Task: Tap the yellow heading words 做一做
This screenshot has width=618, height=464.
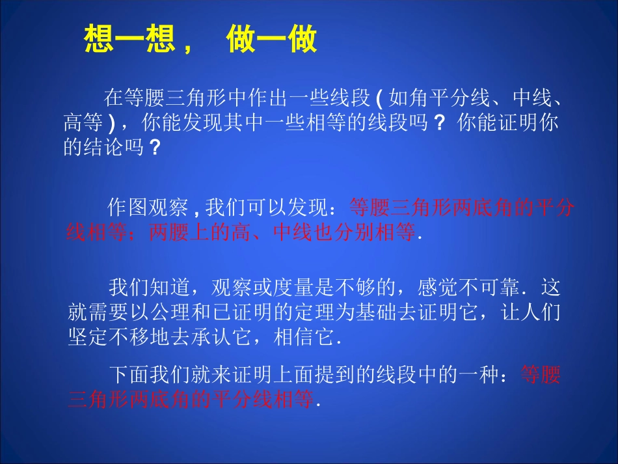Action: click(x=272, y=40)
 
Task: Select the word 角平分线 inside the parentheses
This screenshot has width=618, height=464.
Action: click(x=451, y=99)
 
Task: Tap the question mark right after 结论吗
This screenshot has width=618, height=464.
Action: click(x=155, y=148)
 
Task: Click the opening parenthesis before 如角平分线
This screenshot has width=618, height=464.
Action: click(x=379, y=99)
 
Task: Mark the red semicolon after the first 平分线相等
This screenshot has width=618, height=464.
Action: click(x=138, y=232)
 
